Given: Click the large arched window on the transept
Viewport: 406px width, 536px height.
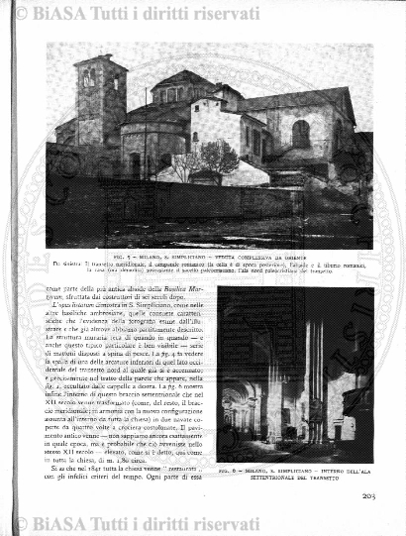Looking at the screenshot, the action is pyautogui.click(x=301, y=134).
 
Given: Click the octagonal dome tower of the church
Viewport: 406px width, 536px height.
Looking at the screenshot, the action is pyautogui.click(x=178, y=94).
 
